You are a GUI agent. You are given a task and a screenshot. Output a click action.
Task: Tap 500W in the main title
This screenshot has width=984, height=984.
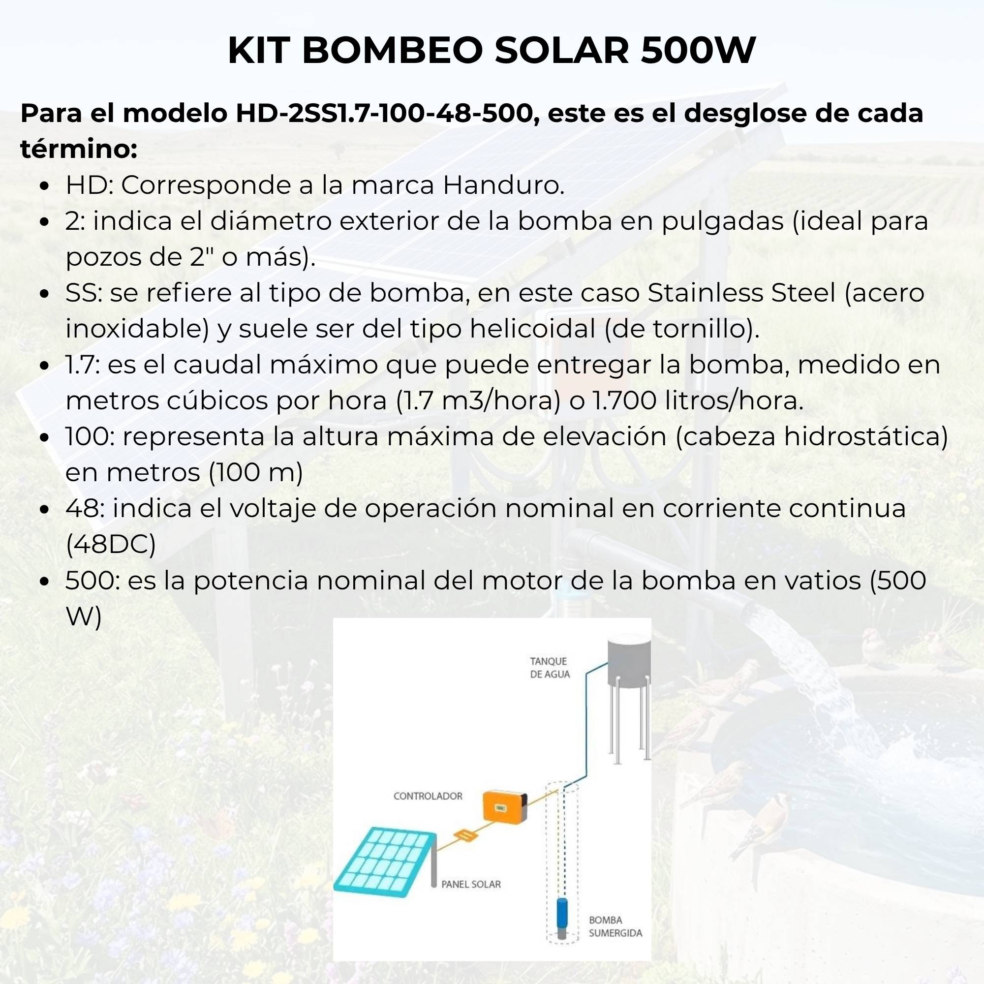(697, 51)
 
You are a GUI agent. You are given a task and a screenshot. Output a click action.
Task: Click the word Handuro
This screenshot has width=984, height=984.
(503, 185)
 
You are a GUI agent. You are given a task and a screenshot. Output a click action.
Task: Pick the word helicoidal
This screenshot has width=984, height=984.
(532, 329)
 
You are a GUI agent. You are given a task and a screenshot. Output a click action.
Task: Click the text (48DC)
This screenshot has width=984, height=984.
(111, 545)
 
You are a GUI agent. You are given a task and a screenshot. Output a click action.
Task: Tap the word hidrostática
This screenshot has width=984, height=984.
(865, 436)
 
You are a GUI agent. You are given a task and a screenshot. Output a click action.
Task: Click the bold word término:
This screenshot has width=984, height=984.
(79, 149)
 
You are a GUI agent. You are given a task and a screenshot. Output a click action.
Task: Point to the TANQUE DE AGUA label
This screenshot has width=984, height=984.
(549, 668)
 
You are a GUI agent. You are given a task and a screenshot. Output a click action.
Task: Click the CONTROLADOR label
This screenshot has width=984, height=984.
(428, 796)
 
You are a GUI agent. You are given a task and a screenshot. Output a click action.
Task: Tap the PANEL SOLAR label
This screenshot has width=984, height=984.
(471, 884)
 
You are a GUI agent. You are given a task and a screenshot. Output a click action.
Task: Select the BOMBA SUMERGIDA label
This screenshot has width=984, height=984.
(615, 926)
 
